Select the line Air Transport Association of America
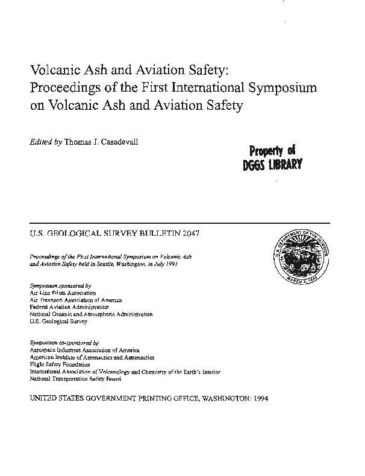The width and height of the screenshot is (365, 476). tap(76, 299)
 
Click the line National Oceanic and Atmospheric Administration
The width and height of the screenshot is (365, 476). tap(91, 314)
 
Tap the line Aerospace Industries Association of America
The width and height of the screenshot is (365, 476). tap(84, 350)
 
